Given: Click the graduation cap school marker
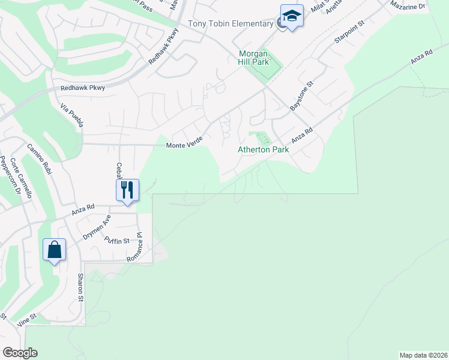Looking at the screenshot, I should [292, 16].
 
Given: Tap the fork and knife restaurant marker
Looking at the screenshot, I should [127, 190].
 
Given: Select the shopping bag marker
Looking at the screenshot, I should [54, 250].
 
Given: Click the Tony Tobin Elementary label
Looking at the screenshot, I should [231, 24].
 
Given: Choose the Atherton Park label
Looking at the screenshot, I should [263, 149].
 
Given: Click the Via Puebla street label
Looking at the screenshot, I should [72, 115].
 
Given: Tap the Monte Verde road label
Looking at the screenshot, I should [184, 145].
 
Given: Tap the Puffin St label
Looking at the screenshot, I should [117, 241].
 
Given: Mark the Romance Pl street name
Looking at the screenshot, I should [135, 247].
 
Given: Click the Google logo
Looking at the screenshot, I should [20, 353].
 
